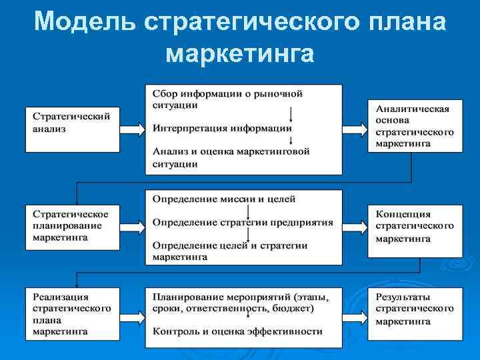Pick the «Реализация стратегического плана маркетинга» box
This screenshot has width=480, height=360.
(x=72, y=313)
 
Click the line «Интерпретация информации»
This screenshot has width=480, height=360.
(x=222, y=128)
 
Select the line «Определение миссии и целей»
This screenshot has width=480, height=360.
(x=224, y=199)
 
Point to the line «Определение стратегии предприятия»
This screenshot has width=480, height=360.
(x=243, y=222)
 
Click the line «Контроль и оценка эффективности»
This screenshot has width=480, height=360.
(x=237, y=331)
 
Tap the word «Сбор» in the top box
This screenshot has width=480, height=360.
(x=164, y=93)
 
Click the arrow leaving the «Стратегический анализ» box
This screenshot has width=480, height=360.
(x=132, y=127)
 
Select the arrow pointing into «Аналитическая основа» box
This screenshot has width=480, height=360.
(x=355, y=127)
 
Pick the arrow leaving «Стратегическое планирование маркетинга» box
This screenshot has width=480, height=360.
(x=132, y=227)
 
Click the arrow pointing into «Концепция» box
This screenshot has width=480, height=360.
(x=355, y=227)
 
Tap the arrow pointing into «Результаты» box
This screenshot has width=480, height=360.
(x=355, y=313)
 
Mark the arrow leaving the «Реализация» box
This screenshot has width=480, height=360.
(x=132, y=313)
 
